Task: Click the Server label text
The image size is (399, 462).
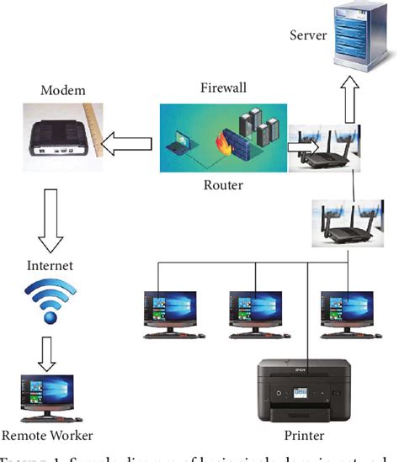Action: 307,35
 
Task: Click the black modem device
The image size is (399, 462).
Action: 60,138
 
